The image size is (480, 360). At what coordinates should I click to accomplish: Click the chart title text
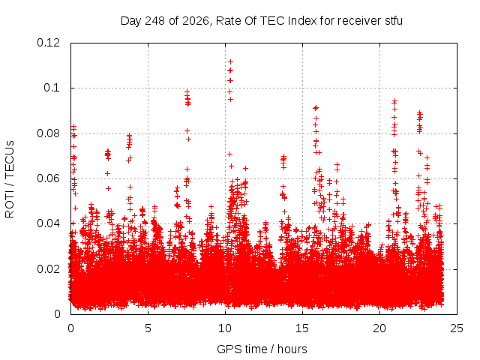262,21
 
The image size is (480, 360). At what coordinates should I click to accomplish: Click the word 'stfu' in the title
394,21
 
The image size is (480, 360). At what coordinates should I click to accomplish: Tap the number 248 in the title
155,21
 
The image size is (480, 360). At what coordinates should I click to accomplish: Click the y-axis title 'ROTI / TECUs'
10,179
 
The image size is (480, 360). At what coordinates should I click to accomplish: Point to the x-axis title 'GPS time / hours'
262,349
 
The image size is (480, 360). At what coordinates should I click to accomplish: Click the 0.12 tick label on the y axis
48,43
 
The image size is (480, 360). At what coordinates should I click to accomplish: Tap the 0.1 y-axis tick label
52,88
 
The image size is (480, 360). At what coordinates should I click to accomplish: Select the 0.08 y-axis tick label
48,133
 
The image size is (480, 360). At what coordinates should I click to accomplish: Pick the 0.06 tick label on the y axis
48,178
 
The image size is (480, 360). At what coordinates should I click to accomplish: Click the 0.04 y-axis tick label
48,223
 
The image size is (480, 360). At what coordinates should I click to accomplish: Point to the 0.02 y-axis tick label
48,269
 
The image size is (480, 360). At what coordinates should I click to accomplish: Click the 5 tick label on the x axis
148,328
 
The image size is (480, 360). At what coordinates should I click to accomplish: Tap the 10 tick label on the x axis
225,328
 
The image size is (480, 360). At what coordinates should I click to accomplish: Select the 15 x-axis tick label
302,328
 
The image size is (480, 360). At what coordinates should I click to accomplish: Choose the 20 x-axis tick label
379,328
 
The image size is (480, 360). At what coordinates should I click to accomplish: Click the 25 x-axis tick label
457,328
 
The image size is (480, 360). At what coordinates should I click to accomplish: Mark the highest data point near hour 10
230,61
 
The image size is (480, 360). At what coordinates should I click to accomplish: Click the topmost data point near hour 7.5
187,91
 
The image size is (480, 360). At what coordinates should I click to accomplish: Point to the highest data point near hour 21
395,100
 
